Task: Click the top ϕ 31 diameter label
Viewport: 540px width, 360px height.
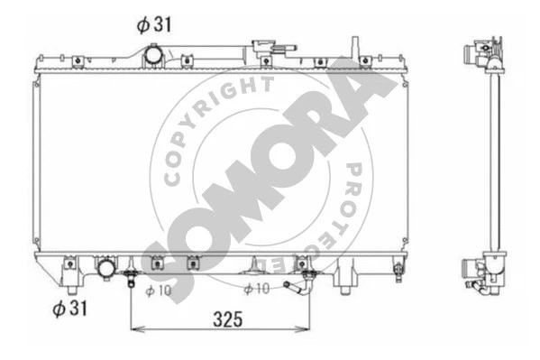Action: (152, 25)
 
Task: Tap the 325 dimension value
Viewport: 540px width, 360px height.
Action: (220, 318)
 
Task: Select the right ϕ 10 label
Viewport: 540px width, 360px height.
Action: (257, 289)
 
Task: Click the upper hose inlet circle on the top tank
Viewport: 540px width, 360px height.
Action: (152, 56)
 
